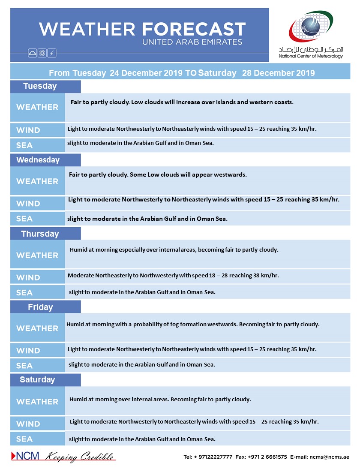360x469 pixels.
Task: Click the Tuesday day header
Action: coord(40,86)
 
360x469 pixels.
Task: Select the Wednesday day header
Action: coord(38,160)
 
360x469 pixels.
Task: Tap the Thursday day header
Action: coord(40,234)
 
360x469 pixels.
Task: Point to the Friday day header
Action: coord(40,307)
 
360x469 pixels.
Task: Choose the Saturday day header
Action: coord(37,380)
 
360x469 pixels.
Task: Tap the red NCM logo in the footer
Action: coord(25,456)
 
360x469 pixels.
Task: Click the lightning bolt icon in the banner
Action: coord(52,53)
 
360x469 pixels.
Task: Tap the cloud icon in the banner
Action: coord(33,53)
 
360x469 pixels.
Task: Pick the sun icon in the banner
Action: coord(42,53)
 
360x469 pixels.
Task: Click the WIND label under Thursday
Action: coord(28,277)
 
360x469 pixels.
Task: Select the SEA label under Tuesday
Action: coord(24,145)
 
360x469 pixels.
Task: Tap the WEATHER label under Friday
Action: coord(37,328)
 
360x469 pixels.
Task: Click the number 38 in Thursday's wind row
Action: coord(252,276)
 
